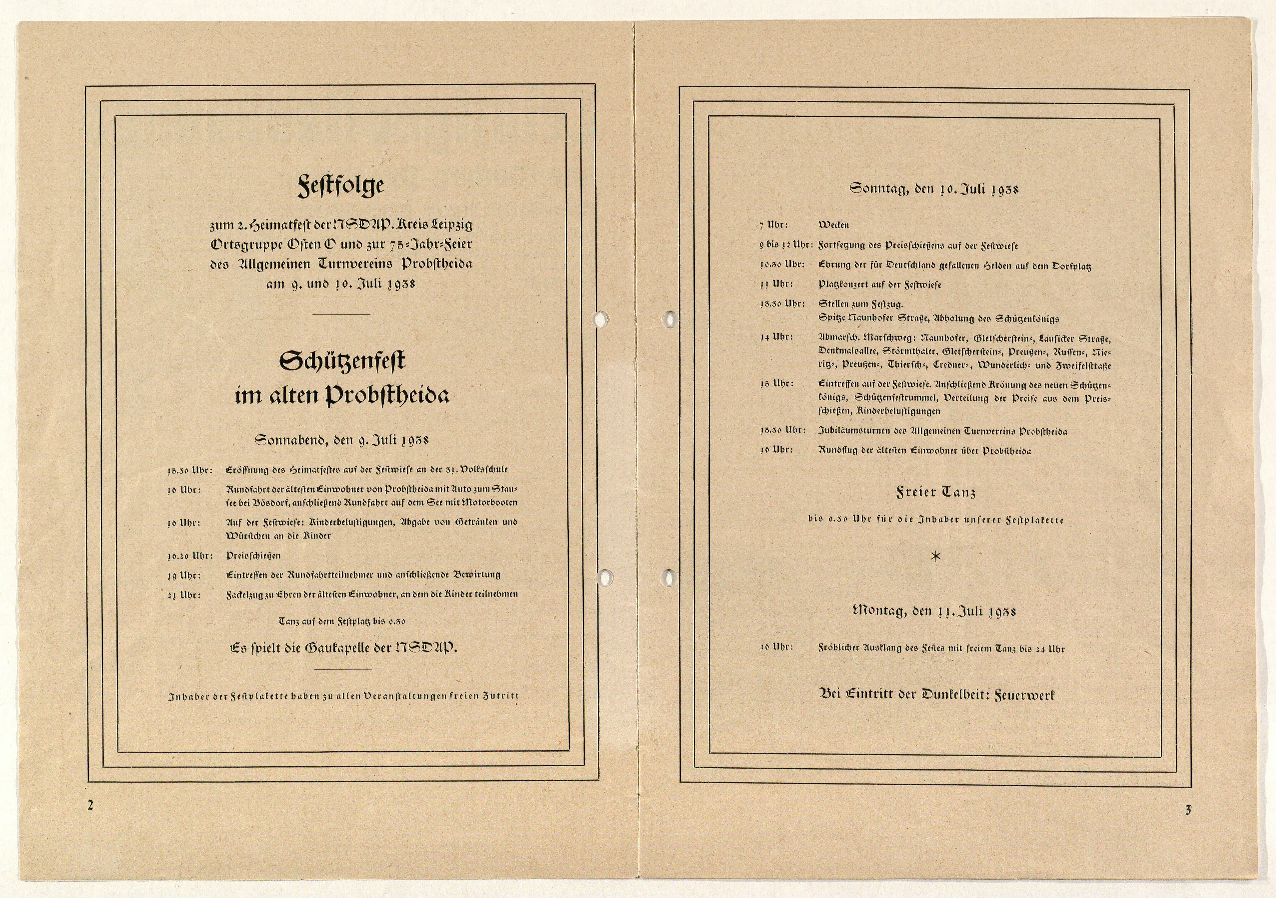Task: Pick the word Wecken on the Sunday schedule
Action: (x=834, y=225)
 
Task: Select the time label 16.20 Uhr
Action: (x=190, y=556)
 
